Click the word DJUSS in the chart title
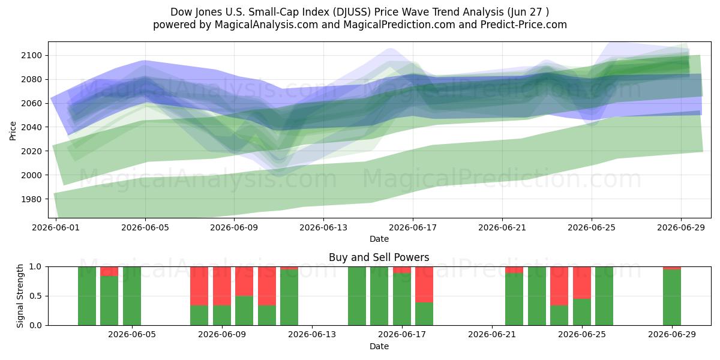[352, 12]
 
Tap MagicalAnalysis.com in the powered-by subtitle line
[266, 25]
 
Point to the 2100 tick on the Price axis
[31, 55]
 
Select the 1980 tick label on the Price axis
[31, 199]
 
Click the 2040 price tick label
[31, 127]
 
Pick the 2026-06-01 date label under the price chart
[56, 227]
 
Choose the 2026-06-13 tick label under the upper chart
[323, 227]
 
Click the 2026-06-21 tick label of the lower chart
[492, 334]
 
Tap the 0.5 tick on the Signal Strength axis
[35, 296]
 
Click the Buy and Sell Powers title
[379, 257]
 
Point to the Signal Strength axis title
[20, 296]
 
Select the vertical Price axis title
[13, 131]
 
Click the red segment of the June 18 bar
[424, 284]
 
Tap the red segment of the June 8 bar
[199, 286]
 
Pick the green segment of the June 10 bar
[244, 311]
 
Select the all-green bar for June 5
[132, 296]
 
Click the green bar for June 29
[672, 298]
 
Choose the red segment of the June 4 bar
[109, 271]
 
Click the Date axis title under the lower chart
[379, 346]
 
